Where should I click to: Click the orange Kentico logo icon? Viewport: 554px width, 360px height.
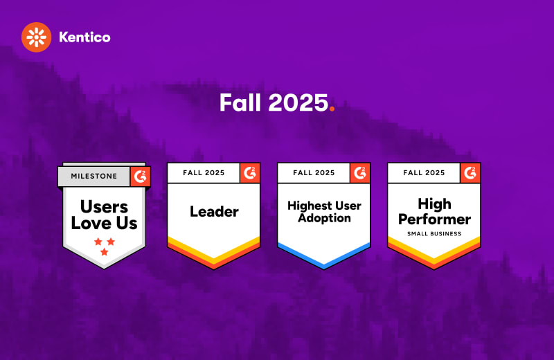click(37, 37)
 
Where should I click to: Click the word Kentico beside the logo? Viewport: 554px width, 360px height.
click(84, 37)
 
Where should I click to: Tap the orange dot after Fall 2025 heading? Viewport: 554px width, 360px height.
click(332, 109)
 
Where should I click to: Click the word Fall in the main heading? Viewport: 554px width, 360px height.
click(240, 102)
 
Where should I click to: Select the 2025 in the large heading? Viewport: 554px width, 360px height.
click(298, 102)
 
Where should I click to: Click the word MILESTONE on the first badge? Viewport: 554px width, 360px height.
click(94, 176)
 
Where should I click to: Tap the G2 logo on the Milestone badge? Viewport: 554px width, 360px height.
click(141, 176)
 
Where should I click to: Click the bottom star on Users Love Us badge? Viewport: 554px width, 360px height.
click(105, 252)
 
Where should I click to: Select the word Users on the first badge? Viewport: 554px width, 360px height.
click(105, 207)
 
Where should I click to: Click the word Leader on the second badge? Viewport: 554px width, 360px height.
click(214, 212)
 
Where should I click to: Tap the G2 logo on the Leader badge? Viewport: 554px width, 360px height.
click(250, 173)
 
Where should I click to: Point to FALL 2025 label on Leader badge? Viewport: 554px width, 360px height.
click(204, 173)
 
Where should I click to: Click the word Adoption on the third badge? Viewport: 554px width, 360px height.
click(324, 218)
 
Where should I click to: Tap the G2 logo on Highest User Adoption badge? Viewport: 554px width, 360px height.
click(360, 173)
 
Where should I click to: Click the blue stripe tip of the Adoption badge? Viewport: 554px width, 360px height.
click(324, 265)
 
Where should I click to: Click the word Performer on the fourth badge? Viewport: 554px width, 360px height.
click(434, 219)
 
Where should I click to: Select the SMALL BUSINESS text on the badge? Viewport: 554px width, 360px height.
click(434, 233)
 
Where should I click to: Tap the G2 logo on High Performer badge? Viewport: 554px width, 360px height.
click(470, 173)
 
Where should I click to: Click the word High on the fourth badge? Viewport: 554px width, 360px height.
click(435, 204)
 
